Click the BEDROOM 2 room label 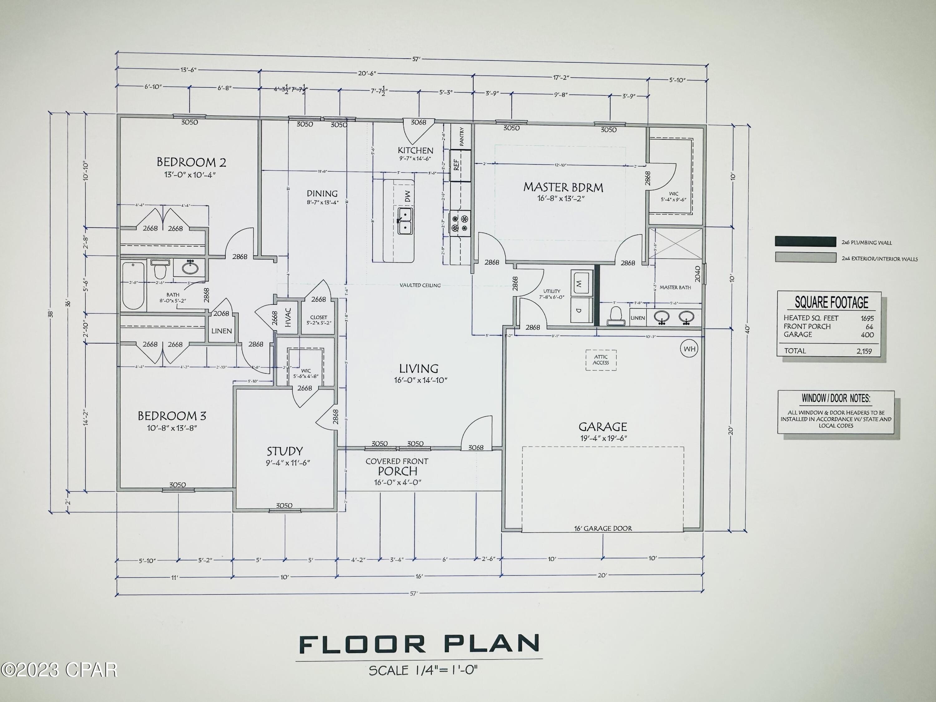coord(191,162)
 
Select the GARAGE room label coord(602,427)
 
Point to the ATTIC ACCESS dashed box coord(601,360)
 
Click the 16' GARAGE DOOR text coord(603,528)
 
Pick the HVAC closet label coord(288,317)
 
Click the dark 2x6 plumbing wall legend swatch coord(805,241)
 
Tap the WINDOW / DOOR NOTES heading coord(836,398)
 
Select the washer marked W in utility coord(579,284)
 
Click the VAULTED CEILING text coord(420,285)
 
